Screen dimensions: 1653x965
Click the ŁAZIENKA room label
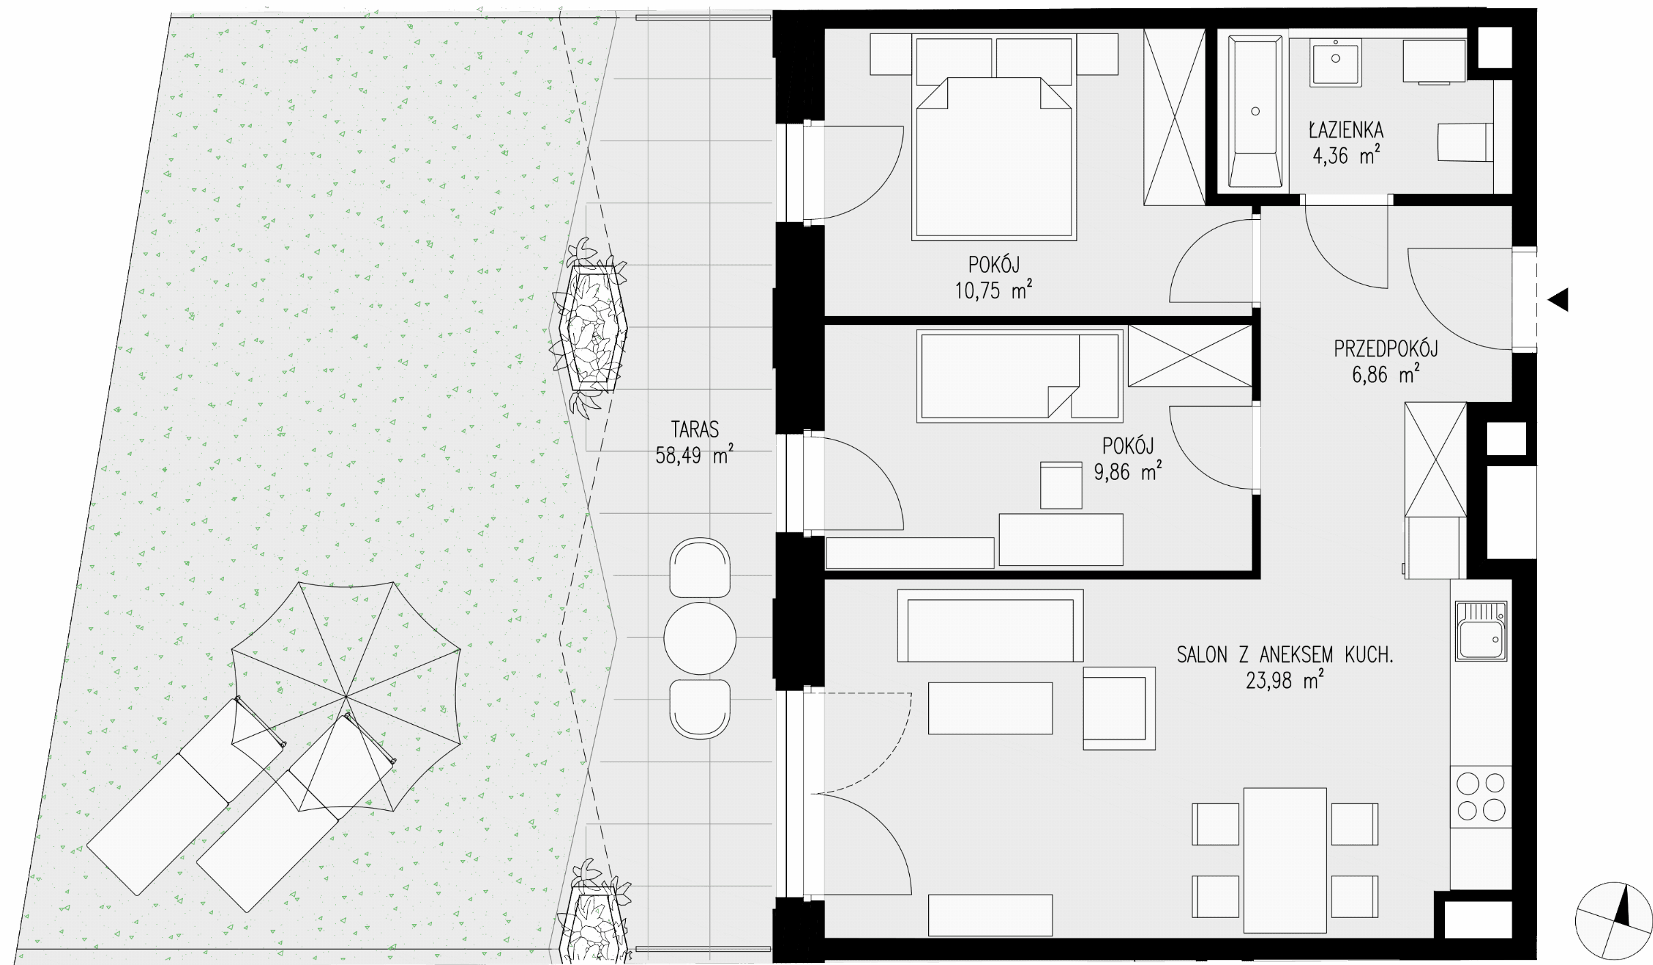pyautogui.click(x=1346, y=129)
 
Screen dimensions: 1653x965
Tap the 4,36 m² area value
pyautogui.click(x=1346, y=156)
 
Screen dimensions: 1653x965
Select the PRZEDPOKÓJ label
pyautogui.click(x=1385, y=348)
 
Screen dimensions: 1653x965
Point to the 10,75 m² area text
pyautogui.click(x=993, y=290)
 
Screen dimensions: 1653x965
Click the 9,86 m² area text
pyautogui.click(x=1127, y=472)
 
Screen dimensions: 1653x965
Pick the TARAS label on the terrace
pyautogui.click(x=695, y=429)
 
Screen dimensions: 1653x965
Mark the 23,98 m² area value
pyautogui.click(x=1285, y=680)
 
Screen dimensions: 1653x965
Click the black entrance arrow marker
pyautogui.click(x=1558, y=300)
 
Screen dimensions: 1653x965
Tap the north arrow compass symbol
pyautogui.click(x=1613, y=921)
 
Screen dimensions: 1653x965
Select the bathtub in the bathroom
pyautogui.click(x=1255, y=111)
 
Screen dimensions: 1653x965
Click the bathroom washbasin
pyautogui.click(x=1336, y=61)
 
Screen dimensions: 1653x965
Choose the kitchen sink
pyautogui.click(x=1481, y=631)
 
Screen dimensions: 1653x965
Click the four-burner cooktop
pyautogui.click(x=1481, y=796)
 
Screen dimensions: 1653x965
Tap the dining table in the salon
pyautogui.click(x=1284, y=861)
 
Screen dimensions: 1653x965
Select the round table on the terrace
pyautogui.click(x=700, y=638)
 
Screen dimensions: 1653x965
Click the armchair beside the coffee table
pyautogui.click(x=1119, y=708)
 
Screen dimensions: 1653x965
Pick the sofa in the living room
pyautogui.click(x=990, y=626)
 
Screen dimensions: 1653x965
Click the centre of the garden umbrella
pyautogui.click(x=346, y=697)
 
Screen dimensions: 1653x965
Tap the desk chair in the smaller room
pyautogui.click(x=1061, y=485)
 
